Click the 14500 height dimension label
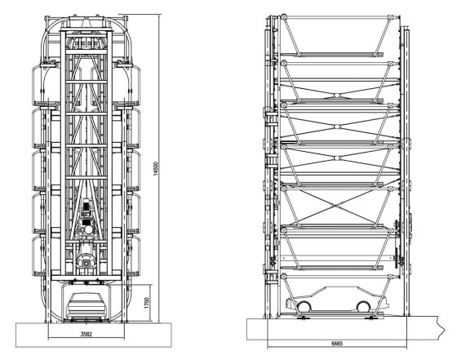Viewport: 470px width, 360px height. coord(155,168)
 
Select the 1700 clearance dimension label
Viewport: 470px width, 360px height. coord(147,303)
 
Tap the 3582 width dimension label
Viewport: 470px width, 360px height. coord(86,334)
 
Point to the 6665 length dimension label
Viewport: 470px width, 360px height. coord(337,344)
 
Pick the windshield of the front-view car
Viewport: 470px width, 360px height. coord(86,298)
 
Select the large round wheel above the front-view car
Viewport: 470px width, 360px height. coord(86,262)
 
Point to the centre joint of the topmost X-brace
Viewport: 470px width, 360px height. coord(337,96)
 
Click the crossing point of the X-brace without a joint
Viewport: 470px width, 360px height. coord(337,205)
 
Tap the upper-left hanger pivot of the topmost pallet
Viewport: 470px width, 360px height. coord(284,17)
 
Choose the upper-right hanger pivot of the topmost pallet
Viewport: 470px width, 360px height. coord(390,18)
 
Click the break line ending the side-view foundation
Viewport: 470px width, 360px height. coord(441,328)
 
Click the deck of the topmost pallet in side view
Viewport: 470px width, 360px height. coord(332,55)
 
